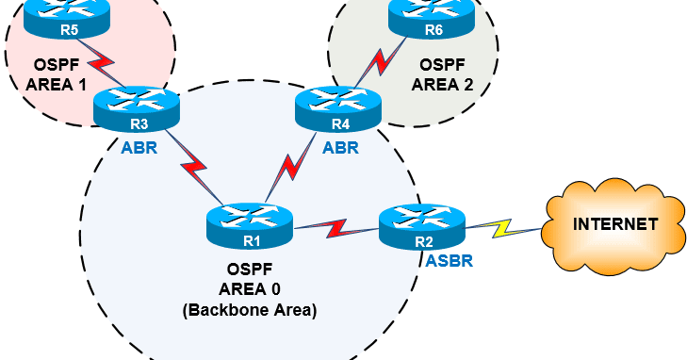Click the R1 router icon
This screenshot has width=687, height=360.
click(251, 223)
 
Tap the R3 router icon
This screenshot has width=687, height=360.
click(137, 107)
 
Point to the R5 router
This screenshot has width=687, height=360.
click(68, 16)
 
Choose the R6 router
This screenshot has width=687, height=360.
click(433, 16)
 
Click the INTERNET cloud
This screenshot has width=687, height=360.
click(615, 224)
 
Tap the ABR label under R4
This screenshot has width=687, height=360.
click(339, 147)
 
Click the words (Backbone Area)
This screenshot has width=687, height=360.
click(251, 308)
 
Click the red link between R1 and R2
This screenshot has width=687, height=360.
click(337, 228)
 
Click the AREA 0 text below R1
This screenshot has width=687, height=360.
click(251, 289)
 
